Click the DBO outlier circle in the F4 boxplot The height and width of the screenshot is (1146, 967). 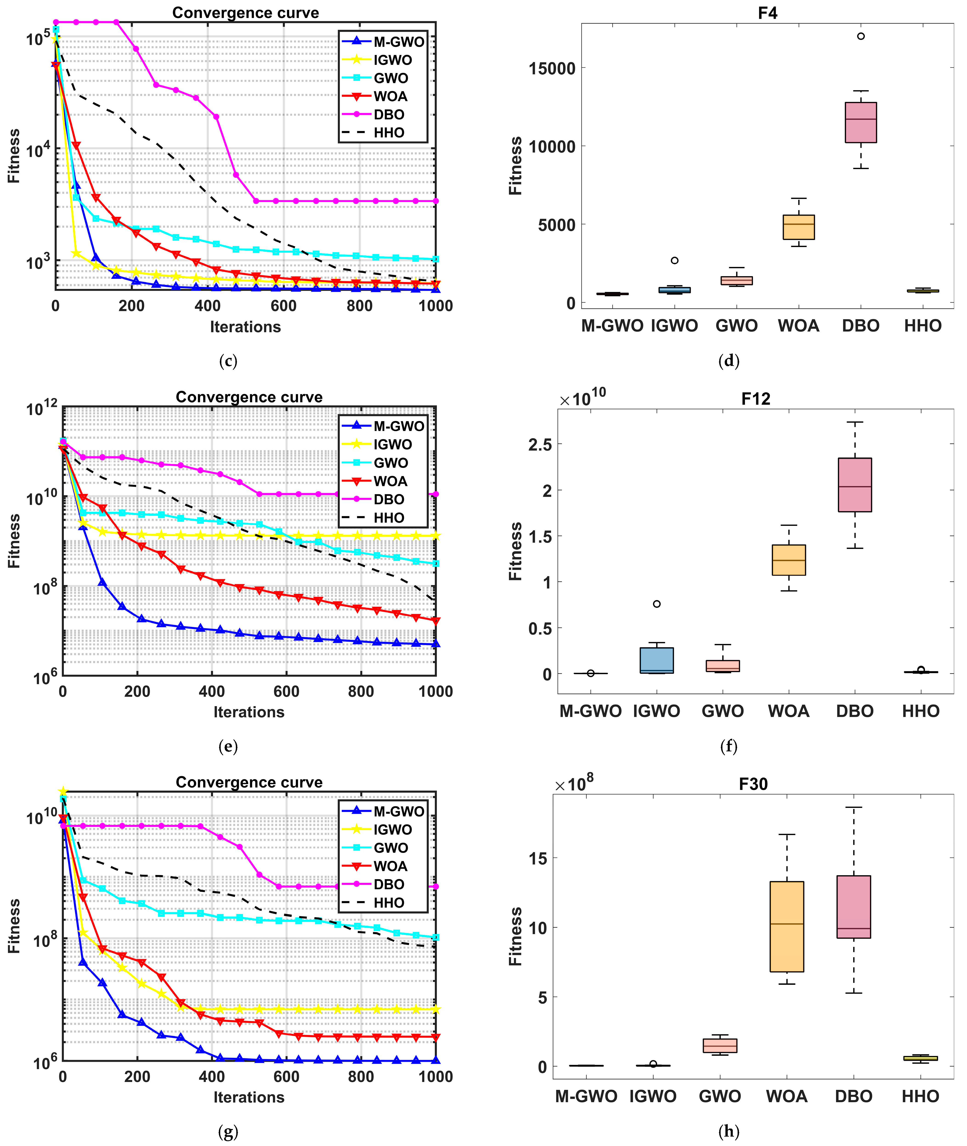[x=861, y=36]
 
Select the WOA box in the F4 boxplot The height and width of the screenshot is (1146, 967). [x=799, y=227]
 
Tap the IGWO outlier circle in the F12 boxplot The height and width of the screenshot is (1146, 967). [x=657, y=604]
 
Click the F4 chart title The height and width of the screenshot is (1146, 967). [x=767, y=13]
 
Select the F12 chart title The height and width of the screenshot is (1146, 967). [x=756, y=399]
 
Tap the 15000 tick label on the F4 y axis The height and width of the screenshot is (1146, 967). [x=552, y=68]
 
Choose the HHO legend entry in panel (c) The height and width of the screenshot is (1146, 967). [x=389, y=133]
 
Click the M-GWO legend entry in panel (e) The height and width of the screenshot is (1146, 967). [x=398, y=426]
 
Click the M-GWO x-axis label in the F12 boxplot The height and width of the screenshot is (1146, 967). [x=590, y=711]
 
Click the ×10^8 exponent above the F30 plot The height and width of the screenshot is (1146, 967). [x=575, y=784]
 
